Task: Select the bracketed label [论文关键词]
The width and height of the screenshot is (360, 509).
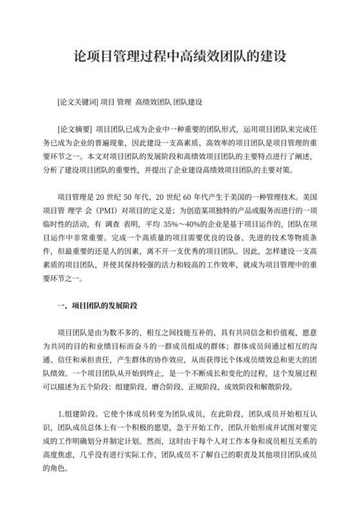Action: pyautogui.click(x=76, y=102)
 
